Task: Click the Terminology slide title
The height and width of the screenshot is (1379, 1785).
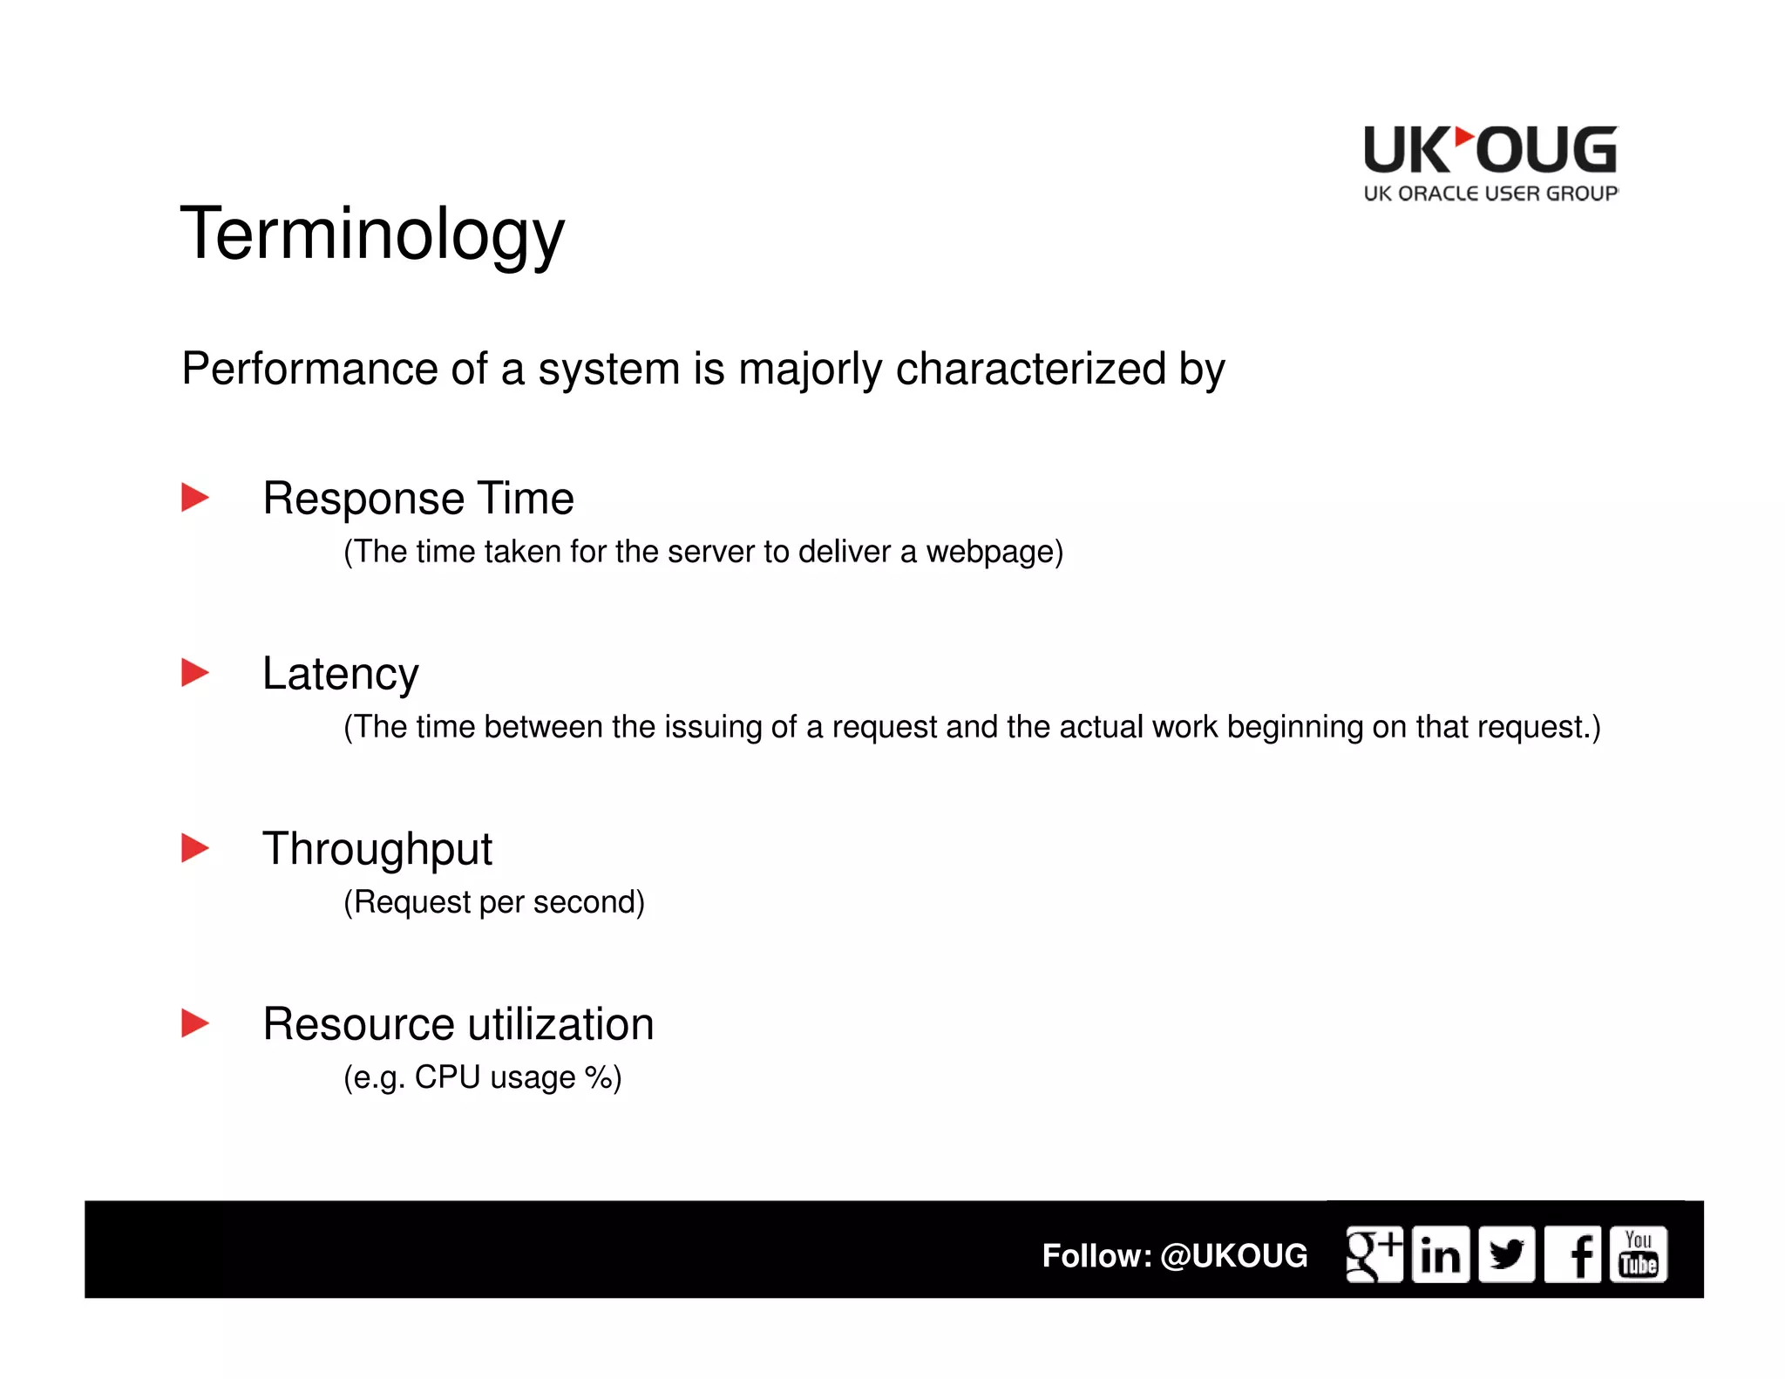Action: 372,234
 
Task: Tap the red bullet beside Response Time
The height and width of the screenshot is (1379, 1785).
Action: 194,498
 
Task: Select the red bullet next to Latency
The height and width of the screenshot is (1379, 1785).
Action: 194,673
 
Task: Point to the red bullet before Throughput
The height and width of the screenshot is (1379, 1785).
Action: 194,848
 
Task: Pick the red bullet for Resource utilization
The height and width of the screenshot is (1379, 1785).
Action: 194,1023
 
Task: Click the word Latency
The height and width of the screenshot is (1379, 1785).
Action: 340,675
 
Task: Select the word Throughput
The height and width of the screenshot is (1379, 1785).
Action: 377,850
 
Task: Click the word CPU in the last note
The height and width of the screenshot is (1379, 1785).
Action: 447,1077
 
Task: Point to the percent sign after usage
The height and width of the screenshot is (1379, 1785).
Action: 599,1077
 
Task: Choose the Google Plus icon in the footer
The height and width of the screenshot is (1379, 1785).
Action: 1374,1254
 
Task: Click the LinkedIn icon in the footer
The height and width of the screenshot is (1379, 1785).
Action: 1440,1255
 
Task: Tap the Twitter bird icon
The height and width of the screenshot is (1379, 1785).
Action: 1506,1255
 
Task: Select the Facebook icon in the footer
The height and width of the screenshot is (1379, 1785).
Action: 1573,1255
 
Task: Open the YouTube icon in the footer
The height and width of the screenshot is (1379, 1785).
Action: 1639,1255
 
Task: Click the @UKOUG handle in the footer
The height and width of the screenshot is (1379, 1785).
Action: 1233,1256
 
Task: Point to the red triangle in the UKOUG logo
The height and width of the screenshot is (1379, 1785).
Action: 1464,138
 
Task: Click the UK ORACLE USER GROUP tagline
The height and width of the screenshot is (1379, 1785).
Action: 1490,194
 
